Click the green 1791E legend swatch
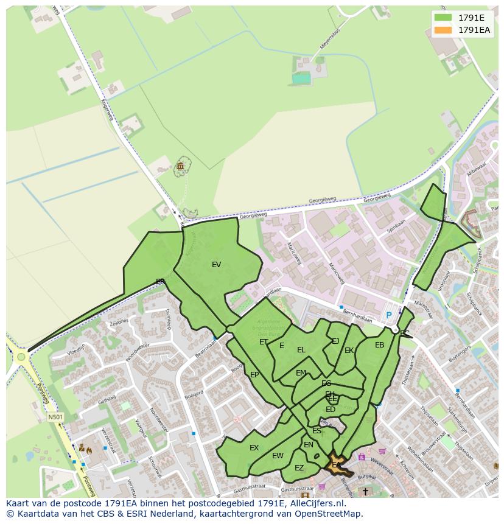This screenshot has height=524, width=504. (443, 18)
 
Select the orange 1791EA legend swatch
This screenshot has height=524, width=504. (443, 30)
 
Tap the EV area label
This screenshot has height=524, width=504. (216, 265)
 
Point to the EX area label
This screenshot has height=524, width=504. (254, 448)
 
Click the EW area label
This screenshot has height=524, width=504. (278, 456)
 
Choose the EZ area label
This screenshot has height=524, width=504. (299, 468)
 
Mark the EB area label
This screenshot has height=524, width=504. (379, 345)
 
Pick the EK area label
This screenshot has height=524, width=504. (349, 351)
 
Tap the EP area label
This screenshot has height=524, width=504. (254, 375)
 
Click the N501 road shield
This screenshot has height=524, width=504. (55, 417)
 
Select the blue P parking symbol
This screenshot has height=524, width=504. (389, 316)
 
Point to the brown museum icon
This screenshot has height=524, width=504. (181, 166)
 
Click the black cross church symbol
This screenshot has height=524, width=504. (365, 491)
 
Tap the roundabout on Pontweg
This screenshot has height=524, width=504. (21, 357)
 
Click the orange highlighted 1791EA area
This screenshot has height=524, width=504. (337, 465)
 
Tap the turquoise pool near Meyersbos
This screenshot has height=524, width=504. (301, 78)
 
